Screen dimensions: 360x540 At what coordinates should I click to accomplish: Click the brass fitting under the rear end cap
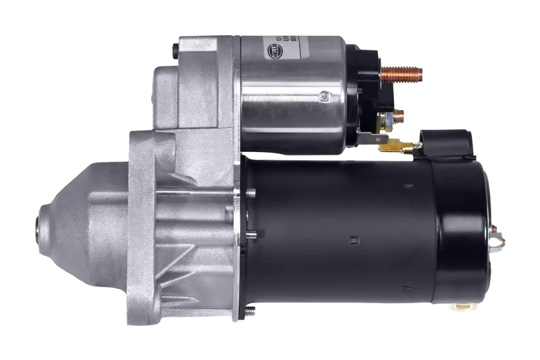pos(463,305)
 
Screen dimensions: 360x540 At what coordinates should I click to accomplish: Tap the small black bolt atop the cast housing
pos(175,49)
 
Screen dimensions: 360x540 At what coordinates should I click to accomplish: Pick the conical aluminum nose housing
pos(81,216)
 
